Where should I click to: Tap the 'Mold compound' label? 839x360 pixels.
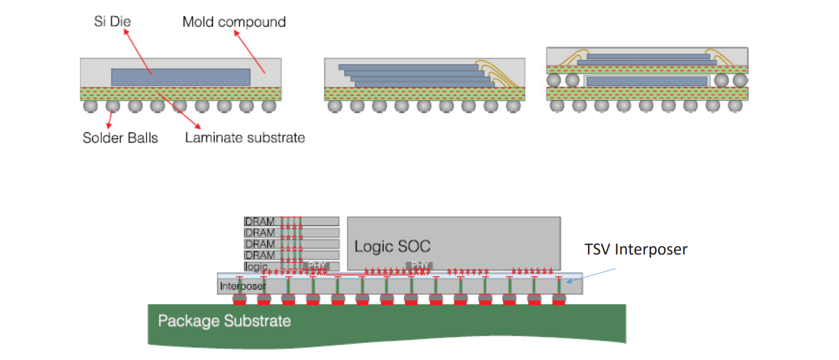click(x=234, y=22)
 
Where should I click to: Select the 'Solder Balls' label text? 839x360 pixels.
click(x=120, y=137)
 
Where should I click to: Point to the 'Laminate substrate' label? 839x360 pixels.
click(x=245, y=137)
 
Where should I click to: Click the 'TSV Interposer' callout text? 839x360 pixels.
click(x=635, y=250)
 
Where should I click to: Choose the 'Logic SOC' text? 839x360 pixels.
click(x=392, y=246)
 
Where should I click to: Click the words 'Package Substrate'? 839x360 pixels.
click(x=224, y=320)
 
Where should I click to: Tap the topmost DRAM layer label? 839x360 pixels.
click(x=260, y=221)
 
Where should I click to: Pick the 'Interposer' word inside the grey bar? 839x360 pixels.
click(x=243, y=286)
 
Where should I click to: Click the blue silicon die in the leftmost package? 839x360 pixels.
click(x=180, y=77)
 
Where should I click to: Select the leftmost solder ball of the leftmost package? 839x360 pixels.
click(x=90, y=107)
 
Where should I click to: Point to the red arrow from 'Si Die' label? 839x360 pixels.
click(x=138, y=52)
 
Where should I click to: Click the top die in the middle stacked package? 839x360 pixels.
click(x=408, y=67)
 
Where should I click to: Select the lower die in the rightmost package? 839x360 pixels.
click(x=646, y=81)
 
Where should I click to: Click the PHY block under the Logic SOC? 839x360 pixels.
click(x=419, y=265)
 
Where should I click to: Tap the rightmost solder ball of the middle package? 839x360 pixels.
click(x=513, y=107)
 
